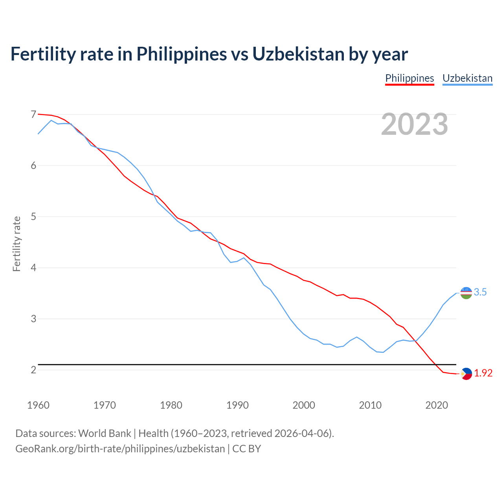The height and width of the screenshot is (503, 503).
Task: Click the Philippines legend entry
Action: click(409, 78)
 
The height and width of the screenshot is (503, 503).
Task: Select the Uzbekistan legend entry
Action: click(467, 78)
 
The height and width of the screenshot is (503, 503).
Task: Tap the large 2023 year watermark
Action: click(415, 124)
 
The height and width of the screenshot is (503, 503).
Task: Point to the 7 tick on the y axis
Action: click(33, 114)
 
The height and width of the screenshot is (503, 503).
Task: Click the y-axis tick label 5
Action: click(33, 217)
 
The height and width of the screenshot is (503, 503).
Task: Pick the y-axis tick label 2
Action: click(33, 370)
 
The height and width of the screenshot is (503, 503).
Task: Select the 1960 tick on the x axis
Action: click(38, 405)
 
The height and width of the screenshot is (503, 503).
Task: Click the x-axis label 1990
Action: click(237, 405)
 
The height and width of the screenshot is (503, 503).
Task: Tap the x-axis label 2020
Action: click(437, 405)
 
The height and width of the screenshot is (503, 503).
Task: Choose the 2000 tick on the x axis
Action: click(304, 405)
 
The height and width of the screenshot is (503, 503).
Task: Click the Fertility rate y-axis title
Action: click(17, 244)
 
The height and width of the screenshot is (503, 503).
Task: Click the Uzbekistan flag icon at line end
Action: click(466, 293)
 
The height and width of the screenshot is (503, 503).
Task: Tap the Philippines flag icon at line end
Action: click(466, 374)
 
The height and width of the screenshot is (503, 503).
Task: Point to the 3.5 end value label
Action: click(480, 292)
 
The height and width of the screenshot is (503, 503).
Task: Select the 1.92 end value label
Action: click(483, 373)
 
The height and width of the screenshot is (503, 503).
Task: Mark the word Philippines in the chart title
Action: click(182, 54)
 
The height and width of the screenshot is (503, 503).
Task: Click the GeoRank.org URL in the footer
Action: click(120, 449)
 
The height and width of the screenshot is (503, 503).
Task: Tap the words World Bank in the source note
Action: click(105, 433)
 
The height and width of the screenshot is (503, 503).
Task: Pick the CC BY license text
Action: click(247, 449)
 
